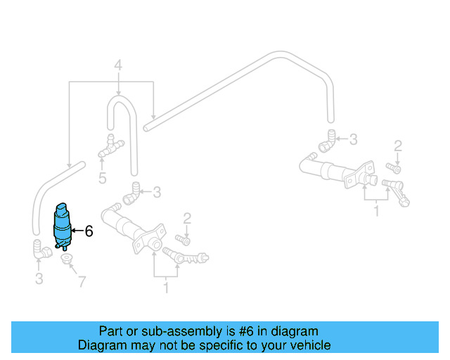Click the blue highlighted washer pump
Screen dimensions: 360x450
tap(63, 224)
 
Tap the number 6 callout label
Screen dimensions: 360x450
tap(89, 231)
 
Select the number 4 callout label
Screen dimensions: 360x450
tap(118, 66)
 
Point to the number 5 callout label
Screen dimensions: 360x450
tap(103, 178)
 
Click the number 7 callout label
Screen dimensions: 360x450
tap(82, 282)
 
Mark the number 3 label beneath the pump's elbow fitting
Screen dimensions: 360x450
tap(39, 280)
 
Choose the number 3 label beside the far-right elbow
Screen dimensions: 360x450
tap(354, 139)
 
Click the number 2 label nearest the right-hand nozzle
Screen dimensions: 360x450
tap(398, 146)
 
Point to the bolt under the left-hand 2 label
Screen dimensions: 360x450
tap(186, 239)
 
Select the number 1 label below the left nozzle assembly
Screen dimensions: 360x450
tap(166, 287)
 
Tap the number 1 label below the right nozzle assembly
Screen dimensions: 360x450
tap(376, 210)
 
